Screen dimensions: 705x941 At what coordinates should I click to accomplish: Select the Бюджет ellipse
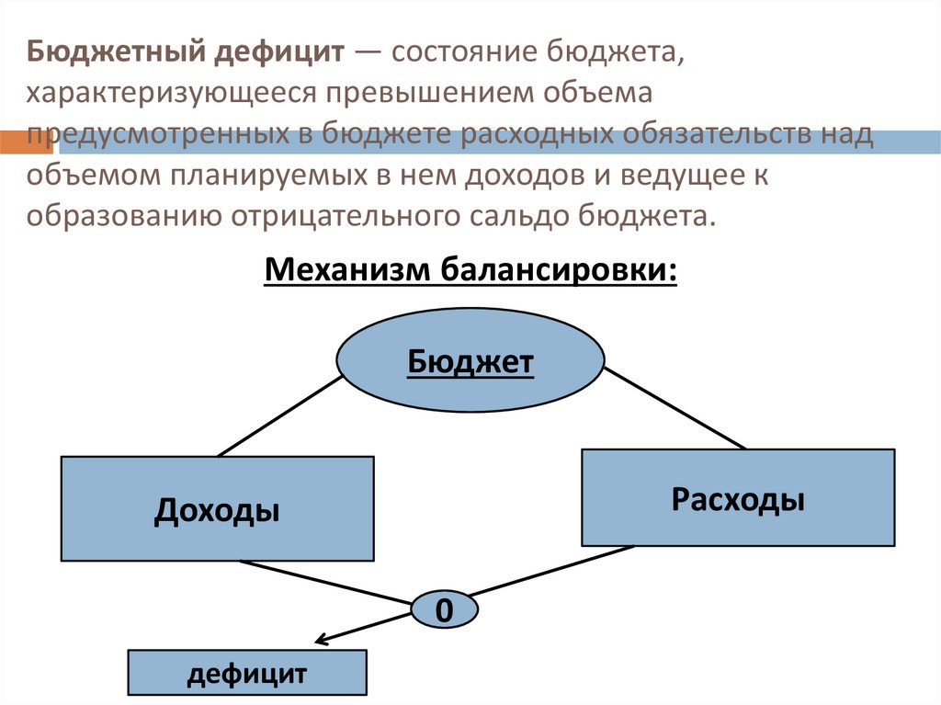pyautogui.click(x=470, y=362)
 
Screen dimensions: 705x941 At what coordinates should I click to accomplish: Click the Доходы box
pyautogui.click(x=217, y=509)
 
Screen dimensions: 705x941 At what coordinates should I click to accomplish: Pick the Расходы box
pyautogui.click(x=737, y=499)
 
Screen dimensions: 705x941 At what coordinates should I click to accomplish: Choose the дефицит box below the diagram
pyautogui.click(x=246, y=675)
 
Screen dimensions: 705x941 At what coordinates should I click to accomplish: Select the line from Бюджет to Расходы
pyautogui.click(x=675, y=407)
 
